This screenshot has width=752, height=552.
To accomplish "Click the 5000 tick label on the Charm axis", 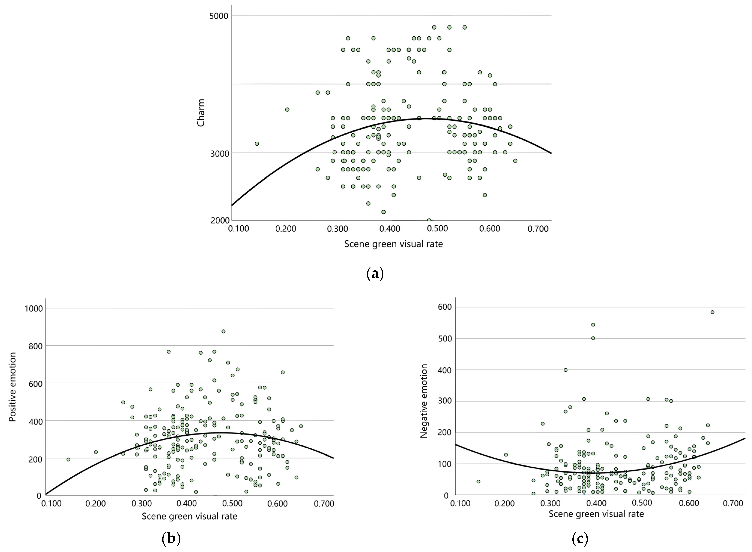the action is [218, 16].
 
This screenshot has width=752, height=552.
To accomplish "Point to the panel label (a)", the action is [375, 274].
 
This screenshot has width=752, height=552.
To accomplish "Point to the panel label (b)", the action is [171, 539].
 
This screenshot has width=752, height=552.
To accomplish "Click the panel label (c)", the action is [580, 539].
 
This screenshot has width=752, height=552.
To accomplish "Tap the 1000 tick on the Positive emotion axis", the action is [34, 308].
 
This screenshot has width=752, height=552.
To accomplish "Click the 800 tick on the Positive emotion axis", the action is [36, 346].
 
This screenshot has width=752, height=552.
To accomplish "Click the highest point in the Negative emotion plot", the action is [712, 312].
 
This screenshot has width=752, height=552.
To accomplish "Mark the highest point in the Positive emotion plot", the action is [223, 331].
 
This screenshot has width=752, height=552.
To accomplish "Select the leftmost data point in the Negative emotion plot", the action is [478, 482].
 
